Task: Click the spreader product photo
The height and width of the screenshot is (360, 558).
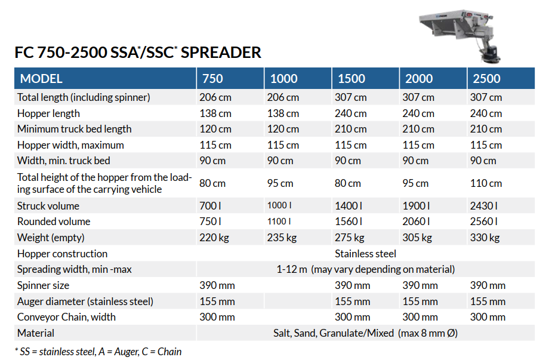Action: point(460,36)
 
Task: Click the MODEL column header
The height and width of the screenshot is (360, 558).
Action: point(41,78)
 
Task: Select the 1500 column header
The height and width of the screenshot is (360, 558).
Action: point(352,78)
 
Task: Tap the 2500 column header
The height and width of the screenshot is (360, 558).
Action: point(486,78)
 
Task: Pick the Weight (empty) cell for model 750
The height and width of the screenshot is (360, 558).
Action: point(214,238)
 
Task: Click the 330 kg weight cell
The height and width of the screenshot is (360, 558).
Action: point(485,238)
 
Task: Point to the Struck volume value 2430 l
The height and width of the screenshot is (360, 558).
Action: point(483,206)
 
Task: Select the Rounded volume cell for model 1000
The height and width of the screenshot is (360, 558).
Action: point(279,221)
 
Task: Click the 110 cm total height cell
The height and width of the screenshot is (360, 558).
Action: point(486,183)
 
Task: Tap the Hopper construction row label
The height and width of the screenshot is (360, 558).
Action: point(62,254)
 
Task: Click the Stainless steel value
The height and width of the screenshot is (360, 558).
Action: point(365,254)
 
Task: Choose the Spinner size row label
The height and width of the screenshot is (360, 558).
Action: point(43,285)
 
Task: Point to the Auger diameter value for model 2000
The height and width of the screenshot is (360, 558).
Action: point(420,301)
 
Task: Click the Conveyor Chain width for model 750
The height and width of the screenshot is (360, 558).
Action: point(217,317)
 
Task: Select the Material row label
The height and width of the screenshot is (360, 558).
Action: point(36,333)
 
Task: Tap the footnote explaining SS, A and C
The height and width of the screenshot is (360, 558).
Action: point(98,352)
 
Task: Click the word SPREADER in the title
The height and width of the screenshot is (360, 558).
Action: point(221,53)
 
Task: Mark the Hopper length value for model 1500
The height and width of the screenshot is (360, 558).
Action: point(350,113)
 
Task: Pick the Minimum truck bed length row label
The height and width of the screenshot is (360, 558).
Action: point(75,129)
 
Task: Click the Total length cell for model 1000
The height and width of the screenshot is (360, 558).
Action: point(283,97)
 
